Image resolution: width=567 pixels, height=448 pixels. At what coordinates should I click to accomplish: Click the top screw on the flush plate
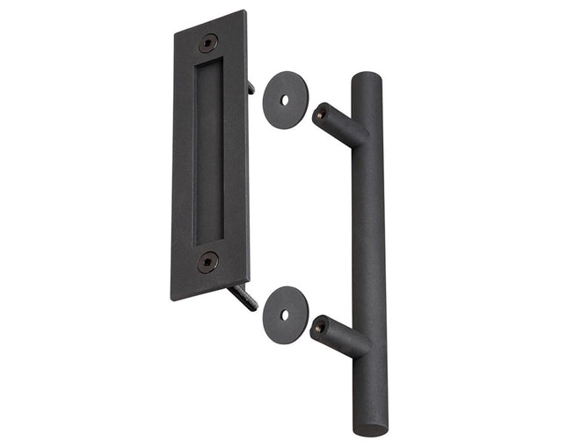click(x=208, y=41)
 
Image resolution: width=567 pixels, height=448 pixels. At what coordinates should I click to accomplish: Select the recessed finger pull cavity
click(x=208, y=149)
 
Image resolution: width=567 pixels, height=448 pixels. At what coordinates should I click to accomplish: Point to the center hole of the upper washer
click(x=283, y=99)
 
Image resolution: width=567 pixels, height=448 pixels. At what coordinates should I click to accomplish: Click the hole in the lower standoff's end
click(x=320, y=326)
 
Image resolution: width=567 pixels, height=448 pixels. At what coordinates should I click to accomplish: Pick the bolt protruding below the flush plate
click(x=245, y=297)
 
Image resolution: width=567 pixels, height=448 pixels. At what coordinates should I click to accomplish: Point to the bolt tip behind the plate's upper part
click(x=252, y=87)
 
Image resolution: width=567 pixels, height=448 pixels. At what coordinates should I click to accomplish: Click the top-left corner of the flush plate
click(x=174, y=32)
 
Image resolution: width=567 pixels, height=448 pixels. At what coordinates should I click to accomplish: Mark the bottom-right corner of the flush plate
click(x=250, y=275)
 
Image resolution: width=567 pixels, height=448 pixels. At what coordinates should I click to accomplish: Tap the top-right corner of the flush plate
click(x=245, y=11)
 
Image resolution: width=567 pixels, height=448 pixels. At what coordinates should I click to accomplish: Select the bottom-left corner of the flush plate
click(x=173, y=300)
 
